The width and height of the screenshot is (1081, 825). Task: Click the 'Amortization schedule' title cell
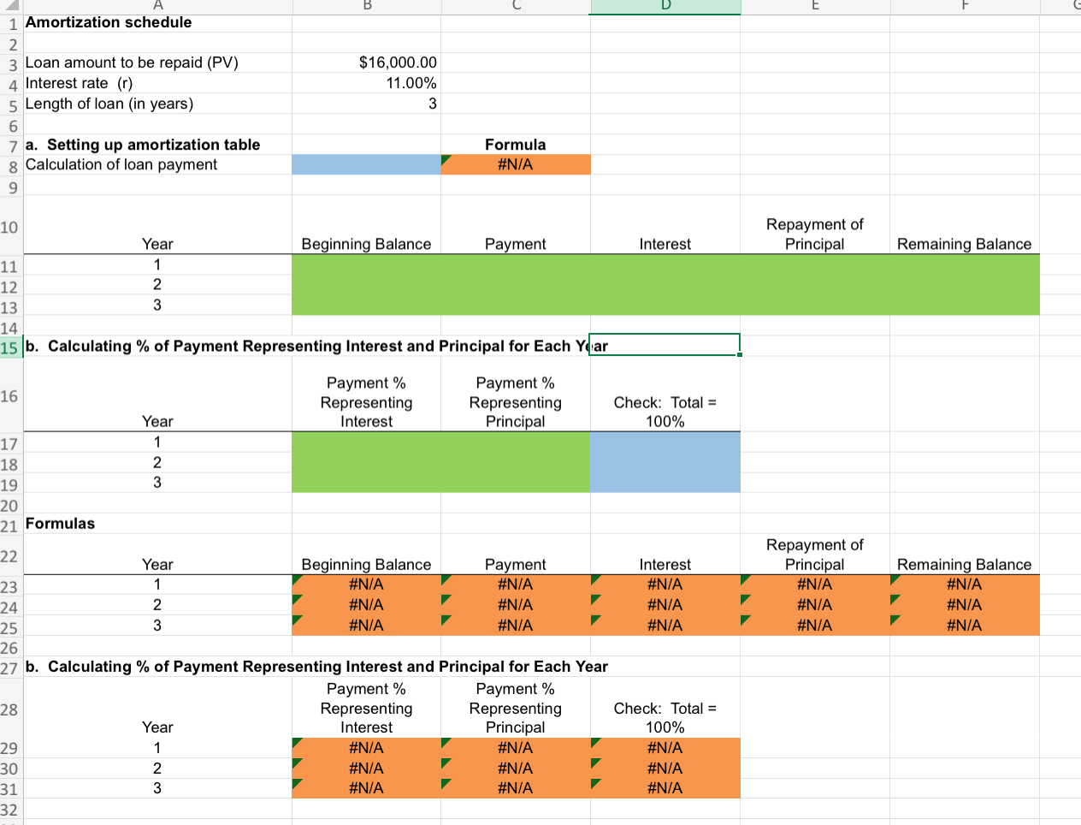(109, 22)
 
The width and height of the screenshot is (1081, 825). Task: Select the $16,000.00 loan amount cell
(398, 62)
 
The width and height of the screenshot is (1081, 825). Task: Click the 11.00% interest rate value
(411, 83)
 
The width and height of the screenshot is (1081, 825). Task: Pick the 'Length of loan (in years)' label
(109, 104)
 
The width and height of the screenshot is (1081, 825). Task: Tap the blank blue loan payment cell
(366, 164)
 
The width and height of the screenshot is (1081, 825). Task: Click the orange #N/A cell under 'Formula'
(515, 164)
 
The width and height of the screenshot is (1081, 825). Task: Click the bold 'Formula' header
(515, 145)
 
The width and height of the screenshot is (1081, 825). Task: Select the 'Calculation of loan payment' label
(121, 164)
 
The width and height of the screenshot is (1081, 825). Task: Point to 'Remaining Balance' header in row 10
(964, 244)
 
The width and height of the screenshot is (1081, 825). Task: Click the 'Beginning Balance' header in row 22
(366, 565)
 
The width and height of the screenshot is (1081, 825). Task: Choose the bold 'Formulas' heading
(61, 524)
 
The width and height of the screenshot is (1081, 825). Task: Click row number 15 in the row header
(9, 347)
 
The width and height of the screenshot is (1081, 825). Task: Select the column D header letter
(665, 5)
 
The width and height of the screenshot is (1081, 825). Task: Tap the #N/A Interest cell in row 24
(665, 605)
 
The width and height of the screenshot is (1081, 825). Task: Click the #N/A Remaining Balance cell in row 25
(964, 626)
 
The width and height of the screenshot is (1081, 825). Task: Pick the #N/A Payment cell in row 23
(515, 585)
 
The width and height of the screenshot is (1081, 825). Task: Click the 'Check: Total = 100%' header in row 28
(665, 717)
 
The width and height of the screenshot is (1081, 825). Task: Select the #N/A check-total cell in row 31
(665, 788)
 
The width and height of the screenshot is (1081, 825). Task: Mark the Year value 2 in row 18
(157, 463)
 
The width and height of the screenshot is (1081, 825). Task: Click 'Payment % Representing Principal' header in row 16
(515, 402)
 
